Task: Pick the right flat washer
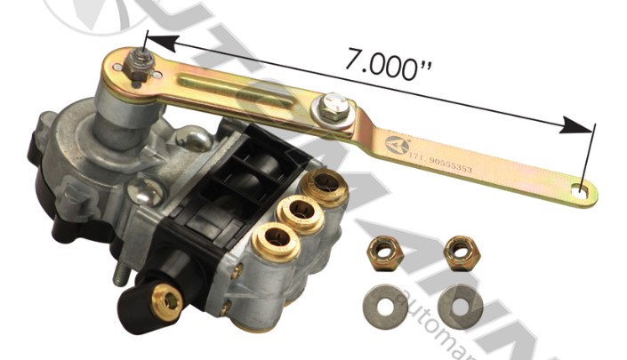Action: [x=460, y=305]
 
